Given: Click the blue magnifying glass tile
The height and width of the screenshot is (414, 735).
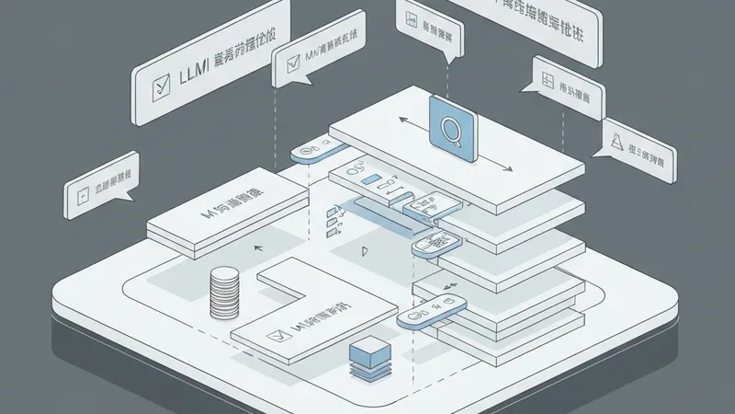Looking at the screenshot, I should click(x=452, y=132).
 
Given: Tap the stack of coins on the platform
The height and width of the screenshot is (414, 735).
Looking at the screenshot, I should click(x=224, y=292).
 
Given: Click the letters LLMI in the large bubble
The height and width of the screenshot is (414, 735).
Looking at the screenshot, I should click(x=196, y=71).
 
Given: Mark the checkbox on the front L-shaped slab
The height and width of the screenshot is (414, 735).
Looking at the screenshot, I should click(x=272, y=338).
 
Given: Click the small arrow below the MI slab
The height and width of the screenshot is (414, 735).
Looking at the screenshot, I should click(x=257, y=248).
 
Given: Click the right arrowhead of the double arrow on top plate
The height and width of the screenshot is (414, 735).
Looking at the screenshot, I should click(x=510, y=168).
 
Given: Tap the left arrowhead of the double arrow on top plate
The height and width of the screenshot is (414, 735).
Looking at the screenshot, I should click(x=401, y=121).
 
